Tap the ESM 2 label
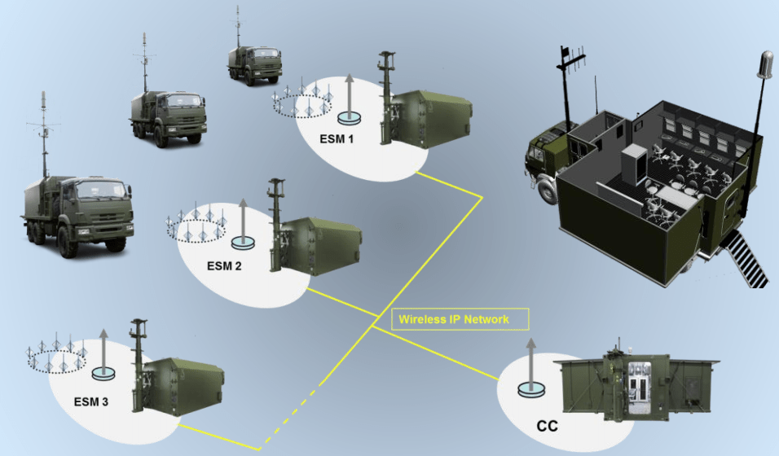coord(224,265)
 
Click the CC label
coord(548,426)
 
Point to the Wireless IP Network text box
coord(460,318)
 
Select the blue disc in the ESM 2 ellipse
coord(244,242)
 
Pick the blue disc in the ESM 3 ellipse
coord(103,373)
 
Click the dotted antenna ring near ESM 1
coord(303,103)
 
